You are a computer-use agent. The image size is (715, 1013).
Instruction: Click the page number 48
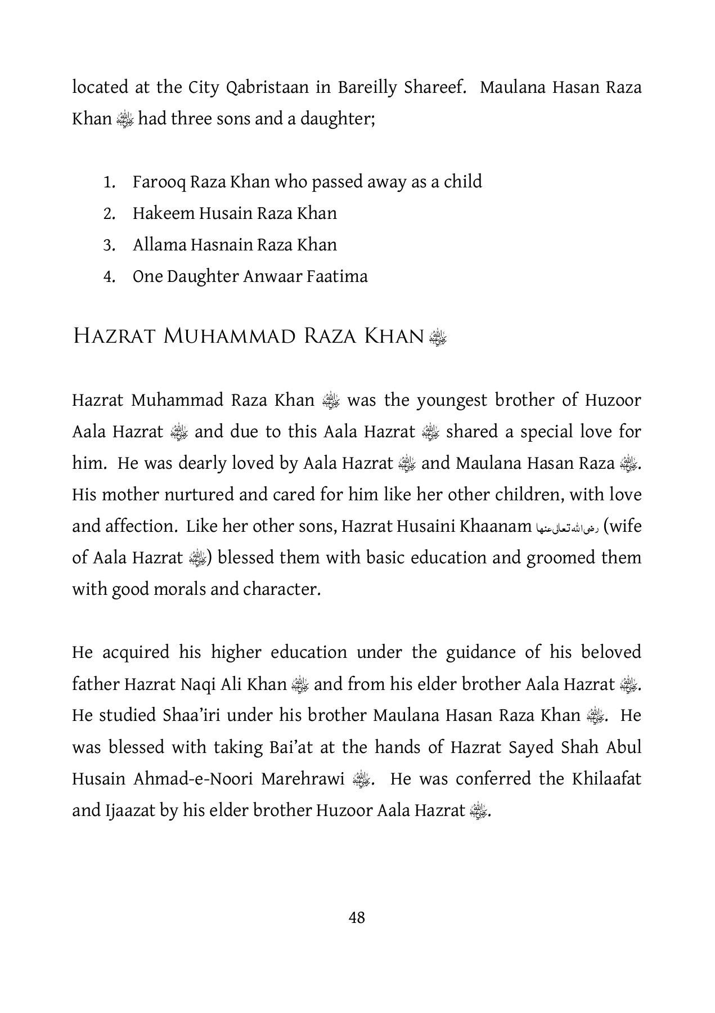click(x=357, y=918)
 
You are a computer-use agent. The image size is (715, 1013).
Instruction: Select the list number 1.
click(x=109, y=182)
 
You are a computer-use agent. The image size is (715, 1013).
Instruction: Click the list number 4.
click(x=109, y=277)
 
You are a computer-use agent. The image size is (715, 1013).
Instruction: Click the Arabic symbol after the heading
click(x=437, y=337)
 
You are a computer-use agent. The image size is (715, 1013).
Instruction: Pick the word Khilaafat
click(x=606, y=779)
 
